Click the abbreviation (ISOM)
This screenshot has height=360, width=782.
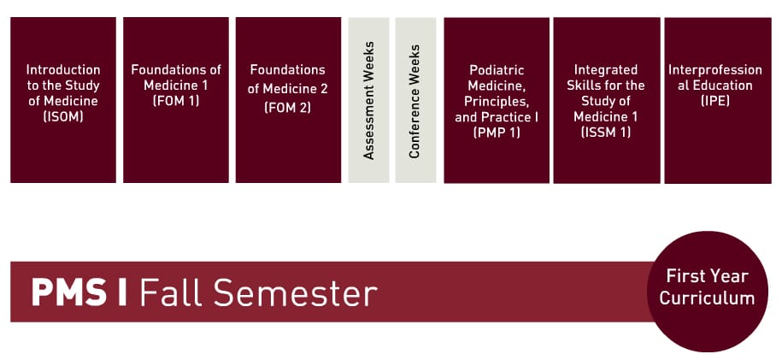point(63,116)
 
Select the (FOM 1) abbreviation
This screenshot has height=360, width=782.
point(176,101)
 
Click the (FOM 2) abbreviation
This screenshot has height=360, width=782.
point(288,108)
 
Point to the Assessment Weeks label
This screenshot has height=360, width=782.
point(369,100)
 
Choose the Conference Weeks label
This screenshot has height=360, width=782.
point(415,100)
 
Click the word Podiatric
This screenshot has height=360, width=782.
point(497,69)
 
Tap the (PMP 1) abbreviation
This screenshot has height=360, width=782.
point(497,133)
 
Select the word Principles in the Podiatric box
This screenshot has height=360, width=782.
point(497,101)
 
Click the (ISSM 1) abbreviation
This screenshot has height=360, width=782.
point(606,133)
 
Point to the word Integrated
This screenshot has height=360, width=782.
point(606,69)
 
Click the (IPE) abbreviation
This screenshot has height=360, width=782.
point(710,101)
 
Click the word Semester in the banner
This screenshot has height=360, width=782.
point(294,292)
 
